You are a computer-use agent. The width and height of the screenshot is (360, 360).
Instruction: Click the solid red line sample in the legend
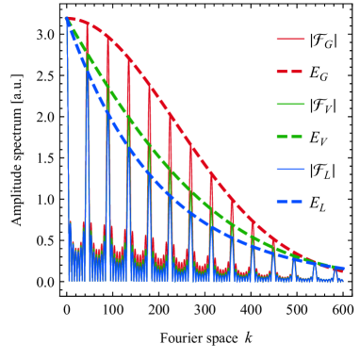[x=290, y=40]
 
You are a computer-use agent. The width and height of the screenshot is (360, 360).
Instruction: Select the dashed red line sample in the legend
[x=290, y=72]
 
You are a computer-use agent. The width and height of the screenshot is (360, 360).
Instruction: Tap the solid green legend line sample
[x=290, y=104]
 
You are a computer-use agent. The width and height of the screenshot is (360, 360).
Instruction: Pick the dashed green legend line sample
[x=290, y=137]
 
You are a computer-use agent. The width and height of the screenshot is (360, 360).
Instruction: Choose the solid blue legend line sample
[x=290, y=170]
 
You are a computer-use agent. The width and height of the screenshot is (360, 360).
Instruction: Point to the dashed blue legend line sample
[x=290, y=202]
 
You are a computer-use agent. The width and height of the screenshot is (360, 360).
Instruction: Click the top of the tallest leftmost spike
[x=67, y=18]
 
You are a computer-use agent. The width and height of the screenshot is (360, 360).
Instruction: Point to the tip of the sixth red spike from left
[x=171, y=118]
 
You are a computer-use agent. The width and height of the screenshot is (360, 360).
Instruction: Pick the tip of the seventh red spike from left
[x=191, y=148]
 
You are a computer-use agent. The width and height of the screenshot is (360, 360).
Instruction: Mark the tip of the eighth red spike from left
[x=212, y=174]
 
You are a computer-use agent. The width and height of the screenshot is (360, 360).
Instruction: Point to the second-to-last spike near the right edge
[x=316, y=263]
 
